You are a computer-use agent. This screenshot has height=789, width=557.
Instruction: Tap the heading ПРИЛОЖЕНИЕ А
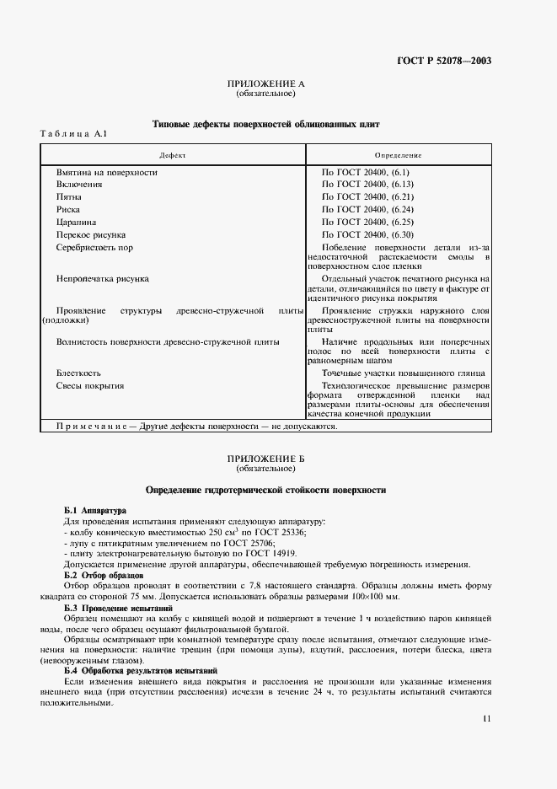click(x=265, y=85)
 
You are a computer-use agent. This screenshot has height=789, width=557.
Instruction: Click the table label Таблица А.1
click(x=74, y=134)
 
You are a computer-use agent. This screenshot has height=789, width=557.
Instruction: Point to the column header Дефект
click(x=174, y=156)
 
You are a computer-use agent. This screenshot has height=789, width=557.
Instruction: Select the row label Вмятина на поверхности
click(x=106, y=172)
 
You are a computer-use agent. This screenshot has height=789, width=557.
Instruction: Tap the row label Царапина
click(x=78, y=222)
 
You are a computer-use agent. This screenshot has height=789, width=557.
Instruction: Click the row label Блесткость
click(x=79, y=373)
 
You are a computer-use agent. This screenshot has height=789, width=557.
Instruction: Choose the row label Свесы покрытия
click(x=90, y=385)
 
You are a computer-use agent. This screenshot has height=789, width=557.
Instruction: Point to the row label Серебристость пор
click(x=94, y=248)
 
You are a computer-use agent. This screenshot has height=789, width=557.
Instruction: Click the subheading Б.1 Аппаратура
click(x=95, y=511)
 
